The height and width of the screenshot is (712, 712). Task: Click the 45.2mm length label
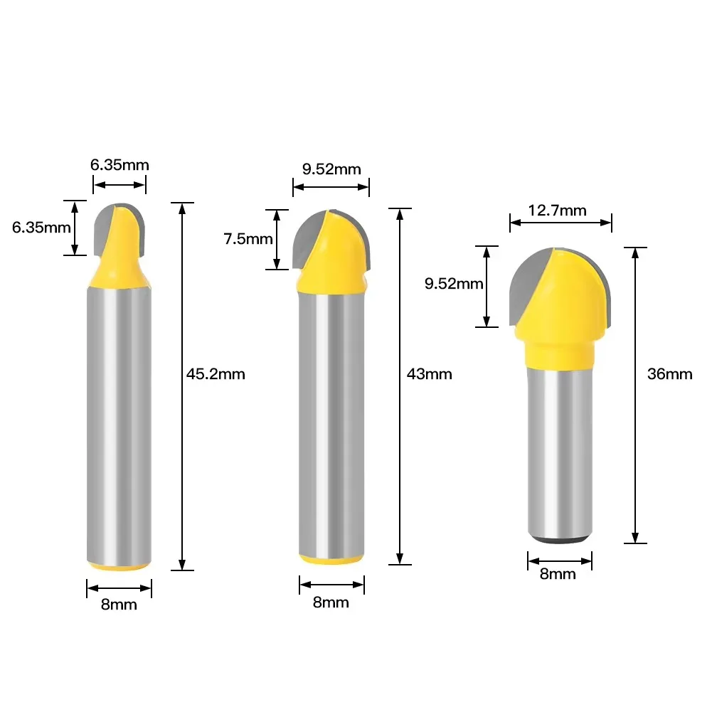(216, 374)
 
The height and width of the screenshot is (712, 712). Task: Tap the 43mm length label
(429, 374)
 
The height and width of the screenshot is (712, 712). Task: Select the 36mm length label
(670, 374)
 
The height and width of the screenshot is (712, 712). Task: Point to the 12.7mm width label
(557, 211)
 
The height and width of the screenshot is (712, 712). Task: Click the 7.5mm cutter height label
(248, 239)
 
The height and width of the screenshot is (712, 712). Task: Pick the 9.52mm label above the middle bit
(331, 169)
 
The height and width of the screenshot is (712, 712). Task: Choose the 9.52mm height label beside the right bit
(454, 284)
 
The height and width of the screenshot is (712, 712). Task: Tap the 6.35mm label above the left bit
(119, 164)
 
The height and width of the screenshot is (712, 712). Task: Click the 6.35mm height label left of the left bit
(41, 227)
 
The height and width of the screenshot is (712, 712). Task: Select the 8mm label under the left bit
(119, 605)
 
